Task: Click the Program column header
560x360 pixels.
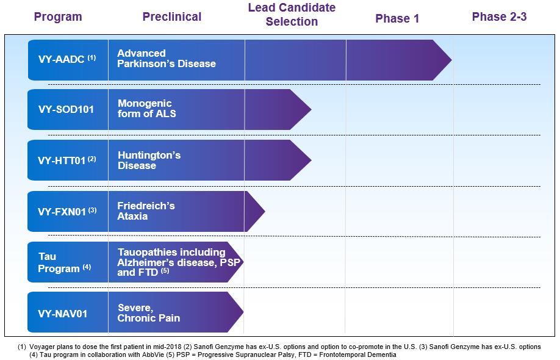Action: [x=58, y=17]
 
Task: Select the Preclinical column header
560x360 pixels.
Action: [x=172, y=17]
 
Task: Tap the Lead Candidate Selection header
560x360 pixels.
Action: [x=292, y=14]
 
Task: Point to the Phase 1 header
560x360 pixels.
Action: [x=397, y=18]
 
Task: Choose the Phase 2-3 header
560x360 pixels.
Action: [x=499, y=17]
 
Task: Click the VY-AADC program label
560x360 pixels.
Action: [x=66, y=59]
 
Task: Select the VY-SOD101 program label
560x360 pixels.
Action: [x=66, y=109]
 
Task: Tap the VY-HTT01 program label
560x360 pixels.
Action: [x=66, y=160]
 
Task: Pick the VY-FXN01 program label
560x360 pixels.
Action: [x=67, y=212]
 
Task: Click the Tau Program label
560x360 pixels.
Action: [x=65, y=262]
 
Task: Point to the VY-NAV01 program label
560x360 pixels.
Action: [x=62, y=314]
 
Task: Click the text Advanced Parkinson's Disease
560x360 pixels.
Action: [x=167, y=59]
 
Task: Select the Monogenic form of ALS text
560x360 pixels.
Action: [x=147, y=109]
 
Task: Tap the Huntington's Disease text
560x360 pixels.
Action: [x=149, y=160]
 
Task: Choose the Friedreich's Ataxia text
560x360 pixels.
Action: [x=146, y=211]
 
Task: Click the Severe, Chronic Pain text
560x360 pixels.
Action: [x=149, y=313]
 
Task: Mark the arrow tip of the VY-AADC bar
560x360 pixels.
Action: [x=451, y=60]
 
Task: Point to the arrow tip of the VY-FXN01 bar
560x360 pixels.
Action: [x=265, y=211]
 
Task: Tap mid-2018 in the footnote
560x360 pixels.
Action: [x=170, y=347]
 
